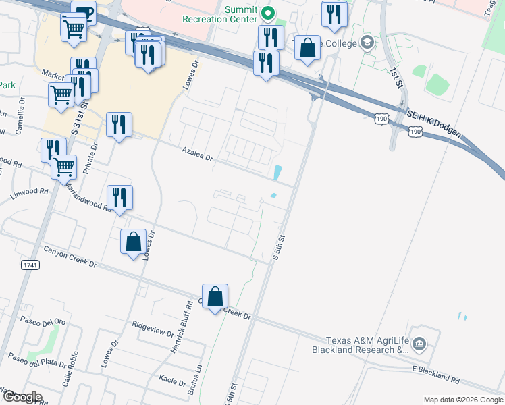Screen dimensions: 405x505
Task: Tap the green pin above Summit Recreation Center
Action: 268,13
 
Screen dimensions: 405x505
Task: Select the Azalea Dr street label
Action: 197,154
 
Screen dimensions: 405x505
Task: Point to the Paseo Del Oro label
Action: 43,321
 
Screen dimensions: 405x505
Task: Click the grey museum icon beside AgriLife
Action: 420,345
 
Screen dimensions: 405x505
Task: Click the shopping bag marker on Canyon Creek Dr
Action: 215,297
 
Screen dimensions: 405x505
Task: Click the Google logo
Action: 22,396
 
